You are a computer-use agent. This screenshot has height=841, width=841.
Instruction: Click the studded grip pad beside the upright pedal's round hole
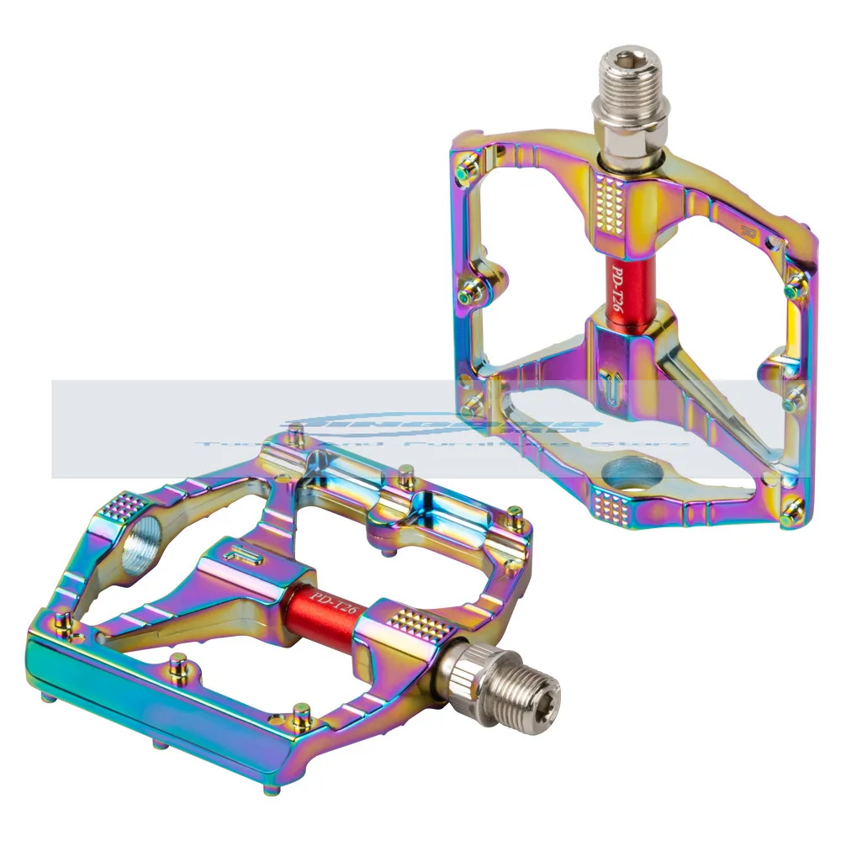(611, 501)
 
